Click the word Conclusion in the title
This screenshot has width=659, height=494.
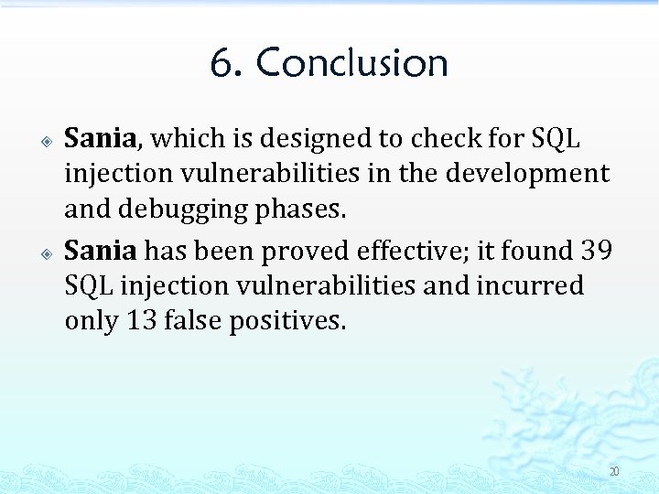tap(352, 63)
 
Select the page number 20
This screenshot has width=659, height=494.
tap(614, 472)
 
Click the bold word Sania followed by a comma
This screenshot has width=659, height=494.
tap(100, 139)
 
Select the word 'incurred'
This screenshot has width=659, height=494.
tap(530, 285)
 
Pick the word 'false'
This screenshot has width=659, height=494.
tap(192, 321)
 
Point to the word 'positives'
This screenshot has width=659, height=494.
tap(288, 321)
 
